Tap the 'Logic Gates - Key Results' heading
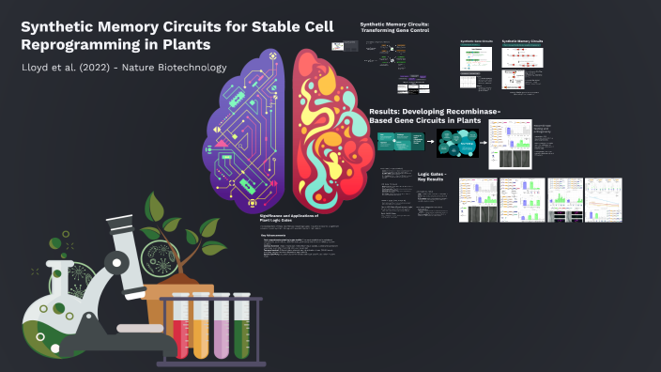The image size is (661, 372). [x=430, y=177]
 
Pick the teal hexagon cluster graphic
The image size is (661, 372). [x=460, y=143]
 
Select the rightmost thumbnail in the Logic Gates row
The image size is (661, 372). [x=604, y=199]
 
